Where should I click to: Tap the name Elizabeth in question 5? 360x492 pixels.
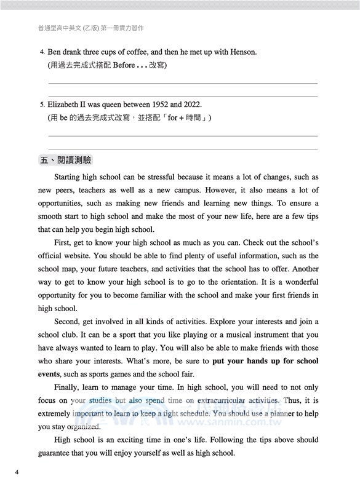(x=65, y=105)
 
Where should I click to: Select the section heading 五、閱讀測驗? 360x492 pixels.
(x=65, y=160)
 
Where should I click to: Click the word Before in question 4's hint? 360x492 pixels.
(x=124, y=65)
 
